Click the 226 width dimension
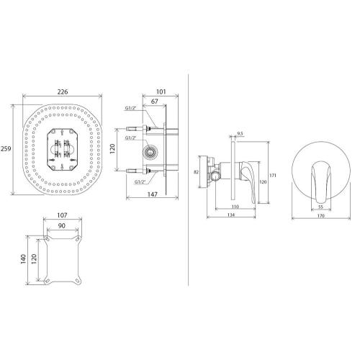[x=63, y=91]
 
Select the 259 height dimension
[x=6, y=148]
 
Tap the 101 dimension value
[x=161, y=91]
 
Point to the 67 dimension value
[x=155, y=102]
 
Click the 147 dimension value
[x=153, y=194]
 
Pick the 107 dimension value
[x=62, y=215]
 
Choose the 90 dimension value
[x=62, y=225]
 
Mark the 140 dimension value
[x=23, y=258]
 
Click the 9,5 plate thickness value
[x=240, y=133]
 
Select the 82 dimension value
[x=196, y=172]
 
